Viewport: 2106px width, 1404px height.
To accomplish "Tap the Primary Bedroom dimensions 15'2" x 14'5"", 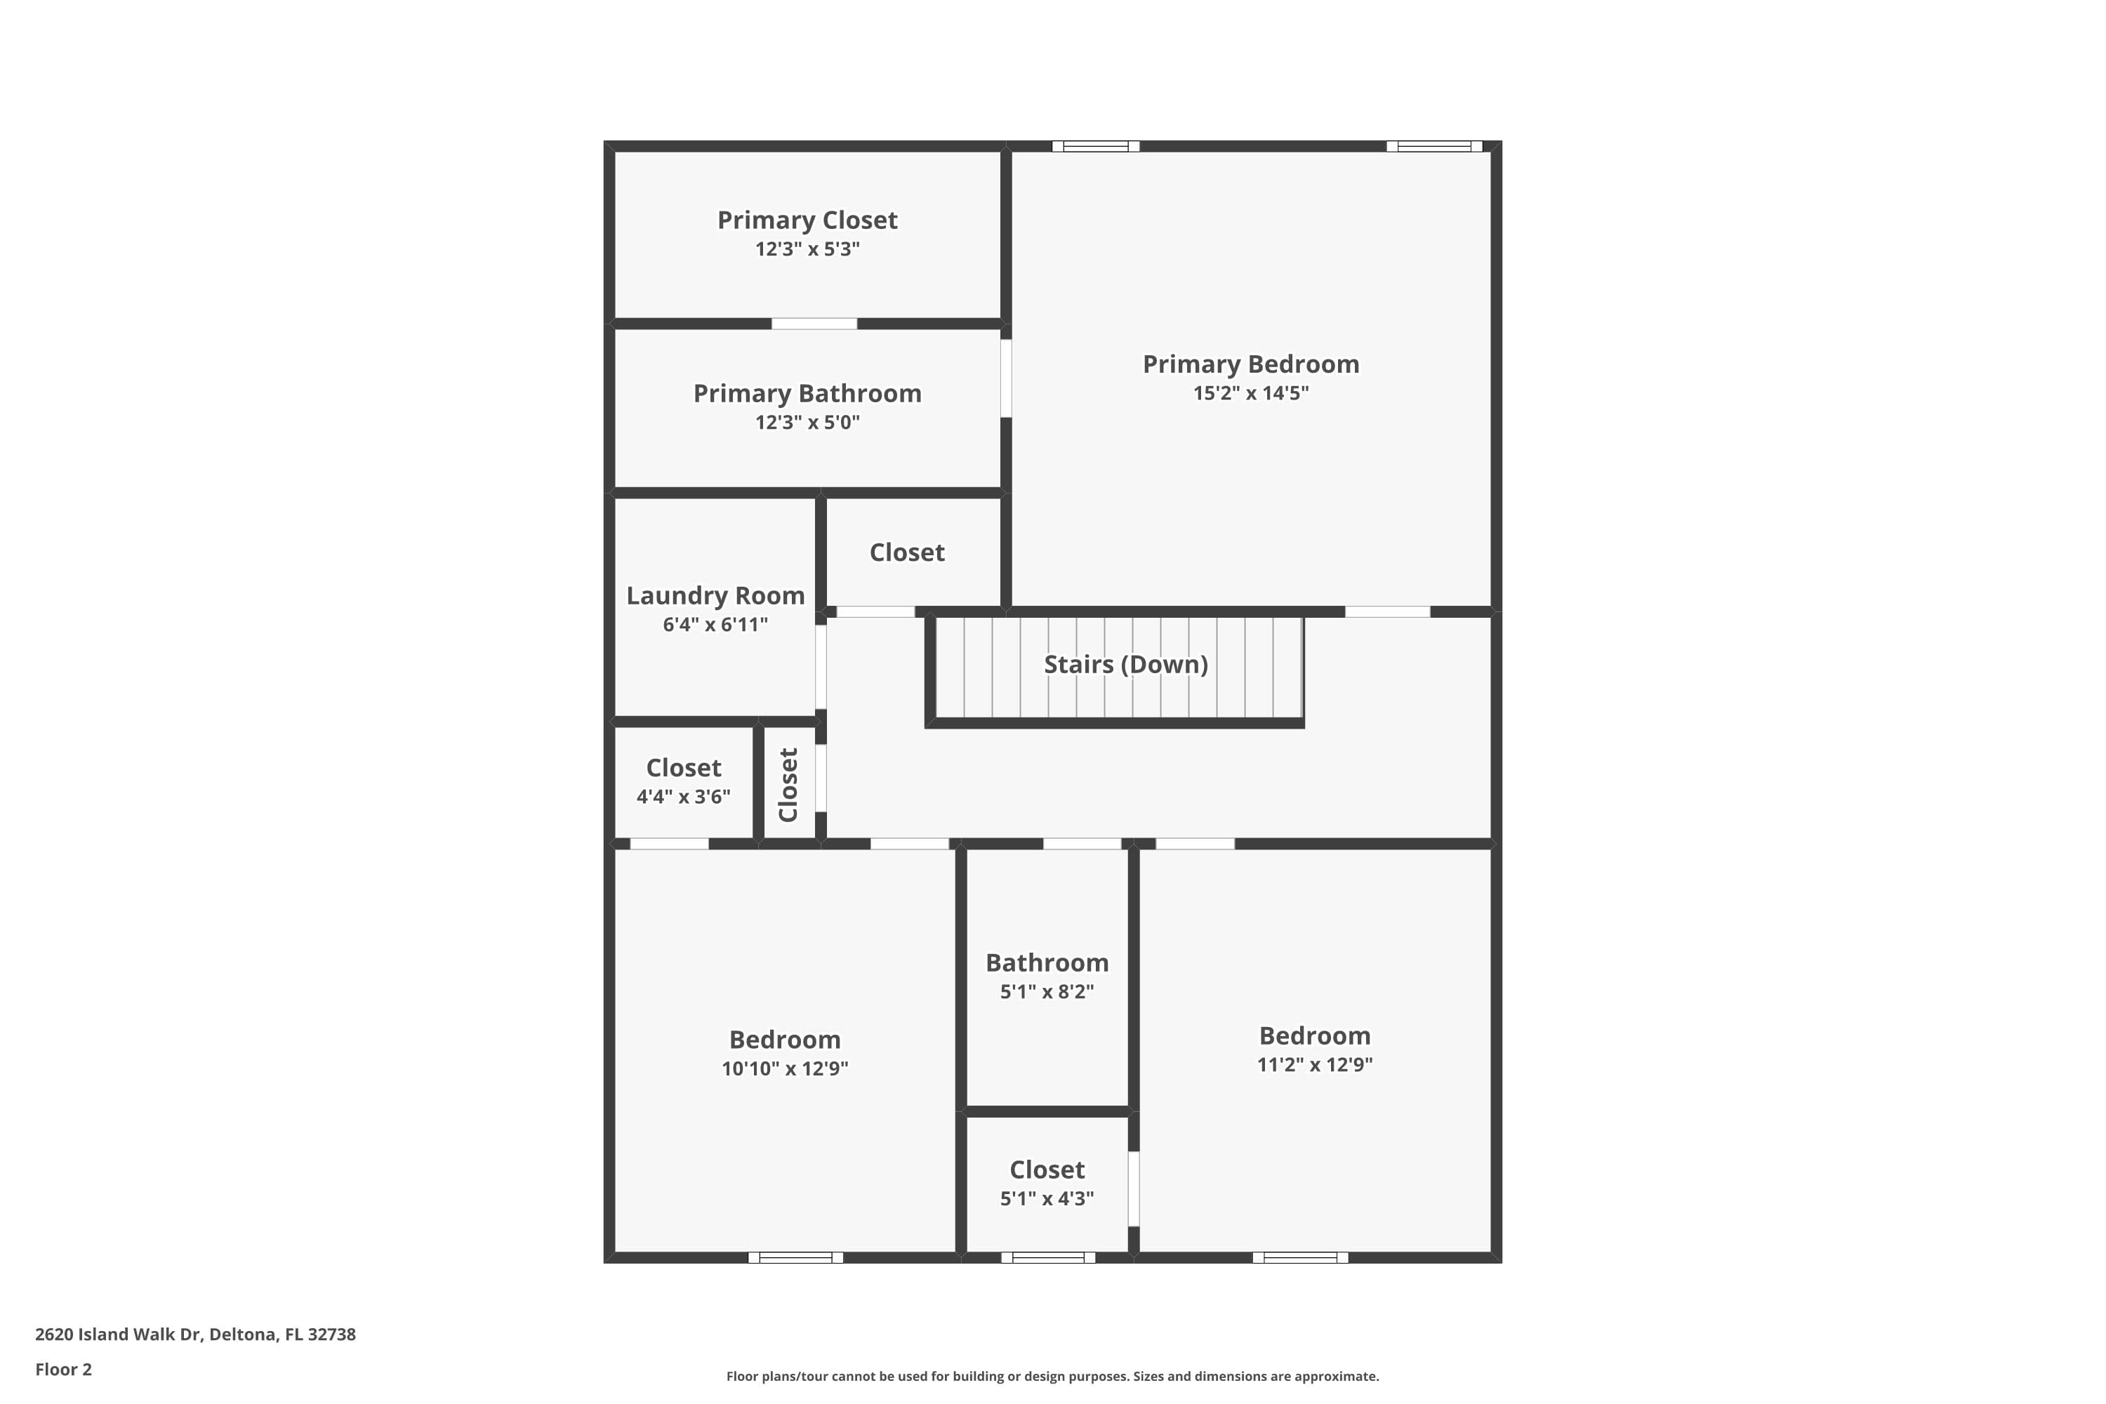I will pos(1250,393).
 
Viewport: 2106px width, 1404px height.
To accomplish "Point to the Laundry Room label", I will pos(715,596).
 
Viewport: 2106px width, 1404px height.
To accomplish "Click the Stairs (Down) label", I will pos(1125,664).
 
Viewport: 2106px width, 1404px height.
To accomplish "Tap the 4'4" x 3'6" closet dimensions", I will pos(683,797).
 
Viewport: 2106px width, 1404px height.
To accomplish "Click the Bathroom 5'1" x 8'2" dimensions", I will pos(1047,991).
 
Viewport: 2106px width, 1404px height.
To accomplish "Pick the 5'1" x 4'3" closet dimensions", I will pos(1047,1198).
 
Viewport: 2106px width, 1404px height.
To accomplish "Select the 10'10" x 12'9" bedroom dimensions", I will pos(784,1068).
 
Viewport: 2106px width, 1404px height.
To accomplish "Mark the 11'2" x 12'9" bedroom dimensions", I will pos(1314,1065).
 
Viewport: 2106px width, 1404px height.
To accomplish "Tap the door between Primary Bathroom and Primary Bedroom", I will pos(1005,378).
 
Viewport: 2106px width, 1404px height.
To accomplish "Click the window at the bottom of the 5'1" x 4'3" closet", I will pos(1047,1257).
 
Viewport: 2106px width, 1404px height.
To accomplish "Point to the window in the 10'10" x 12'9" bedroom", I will pos(795,1257).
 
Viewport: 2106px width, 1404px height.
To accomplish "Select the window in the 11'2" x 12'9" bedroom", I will pos(1300,1257).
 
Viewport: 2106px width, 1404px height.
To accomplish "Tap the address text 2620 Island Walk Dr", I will pos(195,1335).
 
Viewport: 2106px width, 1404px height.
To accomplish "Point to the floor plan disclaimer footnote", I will pos(1052,1376).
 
